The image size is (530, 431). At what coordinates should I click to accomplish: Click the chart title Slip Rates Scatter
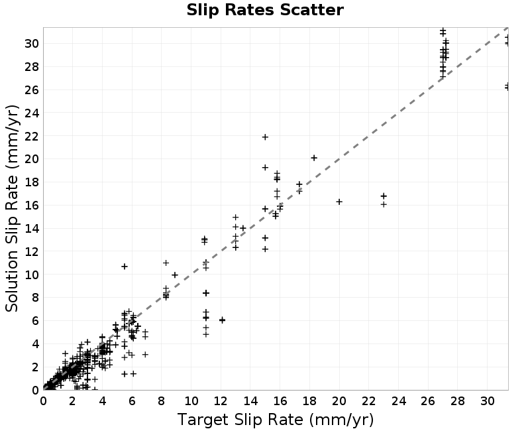265,10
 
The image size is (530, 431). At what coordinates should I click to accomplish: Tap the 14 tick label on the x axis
250,401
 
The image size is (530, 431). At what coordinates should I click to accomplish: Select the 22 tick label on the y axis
32,136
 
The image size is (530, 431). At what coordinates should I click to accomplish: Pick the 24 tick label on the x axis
399,401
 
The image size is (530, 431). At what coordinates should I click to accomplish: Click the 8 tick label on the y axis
35,298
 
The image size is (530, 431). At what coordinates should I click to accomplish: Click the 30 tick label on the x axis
488,401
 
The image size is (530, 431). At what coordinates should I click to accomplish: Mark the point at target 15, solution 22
266,137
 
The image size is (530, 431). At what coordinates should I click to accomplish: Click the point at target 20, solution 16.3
339,202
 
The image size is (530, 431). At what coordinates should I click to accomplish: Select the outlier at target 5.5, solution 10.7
125,267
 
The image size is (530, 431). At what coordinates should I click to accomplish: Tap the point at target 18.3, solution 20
314,158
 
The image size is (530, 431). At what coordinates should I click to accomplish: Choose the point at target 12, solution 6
222,320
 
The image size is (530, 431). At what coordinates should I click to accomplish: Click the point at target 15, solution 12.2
266,249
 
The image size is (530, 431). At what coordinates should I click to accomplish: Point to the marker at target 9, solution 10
175,275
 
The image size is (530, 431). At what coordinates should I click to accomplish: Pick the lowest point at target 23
384,204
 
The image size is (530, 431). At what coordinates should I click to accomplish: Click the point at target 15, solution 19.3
266,168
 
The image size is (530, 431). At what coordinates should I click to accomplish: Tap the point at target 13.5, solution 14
242,228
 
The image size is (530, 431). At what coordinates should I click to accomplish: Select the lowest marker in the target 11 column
206,335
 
